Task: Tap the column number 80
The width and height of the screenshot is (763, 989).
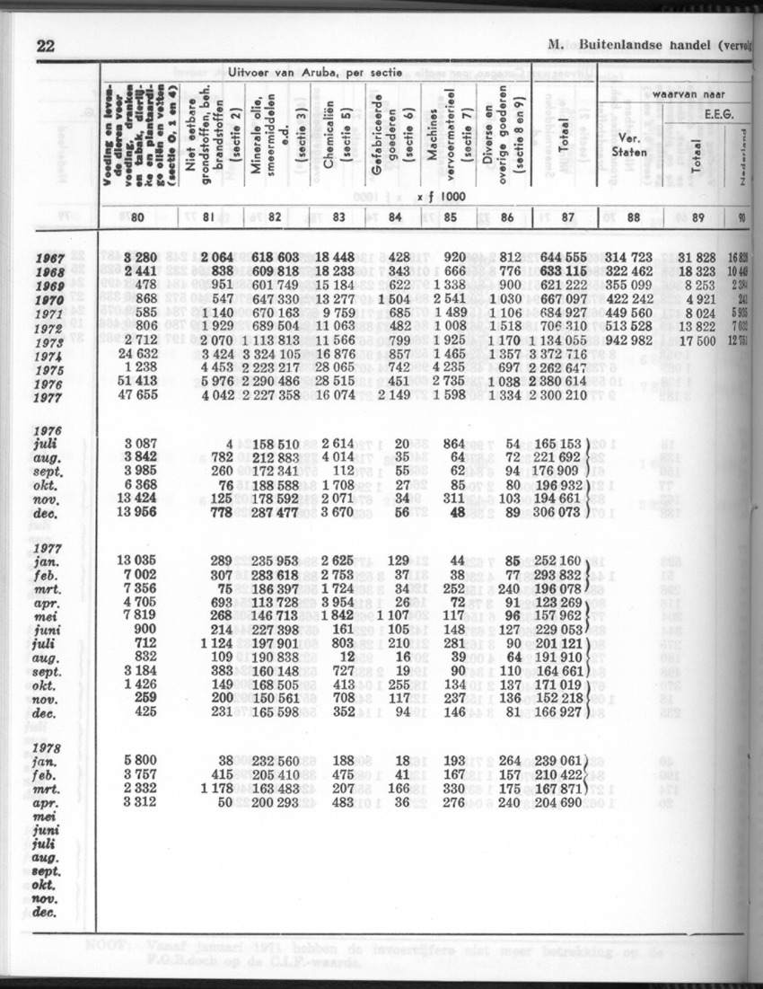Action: (x=137, y=216)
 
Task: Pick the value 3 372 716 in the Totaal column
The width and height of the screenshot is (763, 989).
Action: (x=561, y=356)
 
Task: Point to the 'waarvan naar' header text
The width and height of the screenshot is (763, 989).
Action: (x=688, y=94)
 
